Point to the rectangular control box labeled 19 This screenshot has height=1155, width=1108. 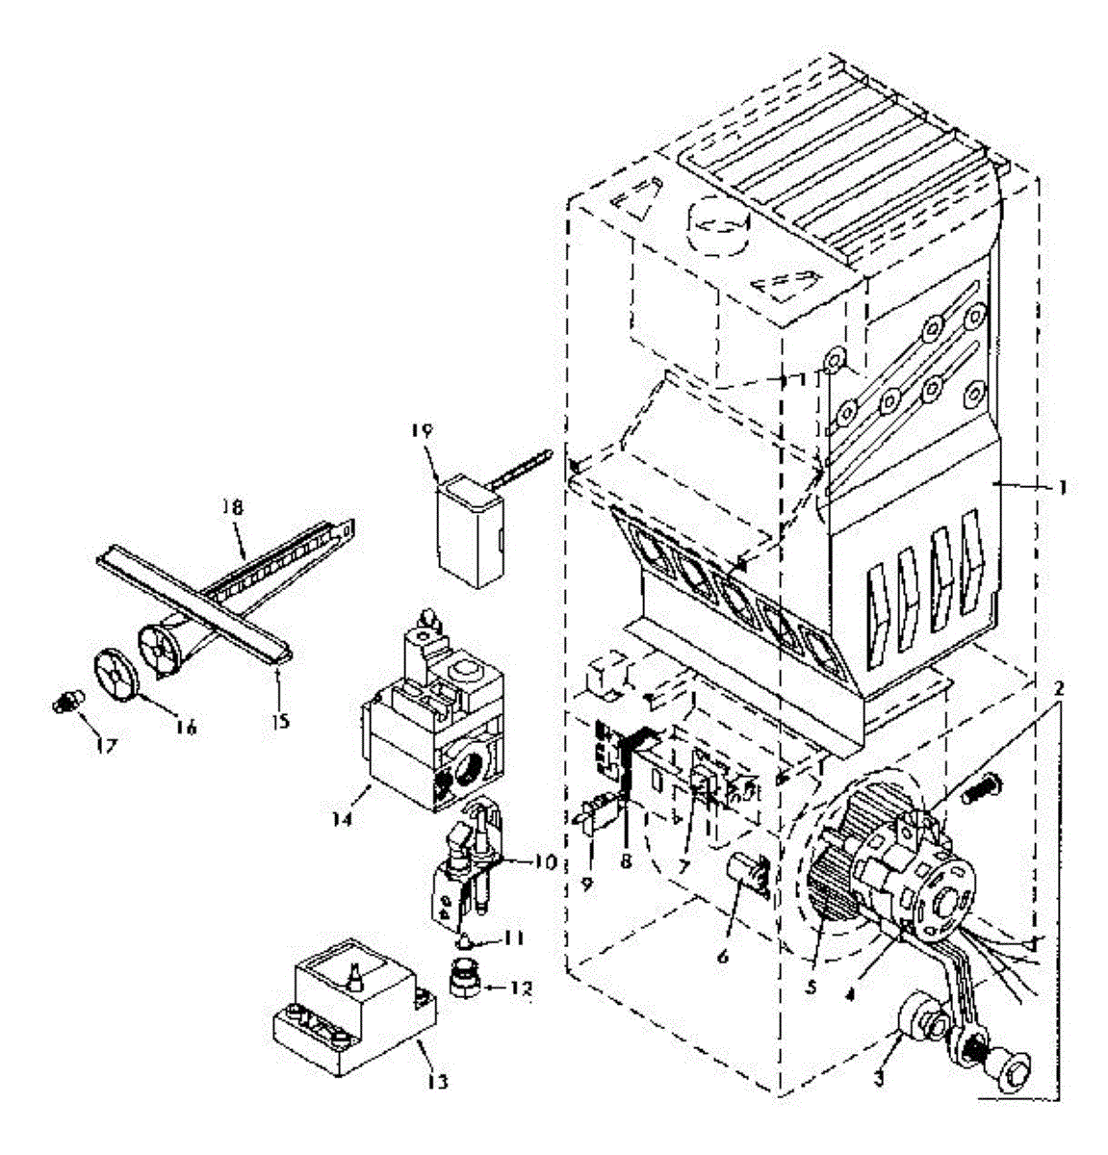coord(469,534)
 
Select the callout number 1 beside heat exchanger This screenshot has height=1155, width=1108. coord(1062,487)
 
